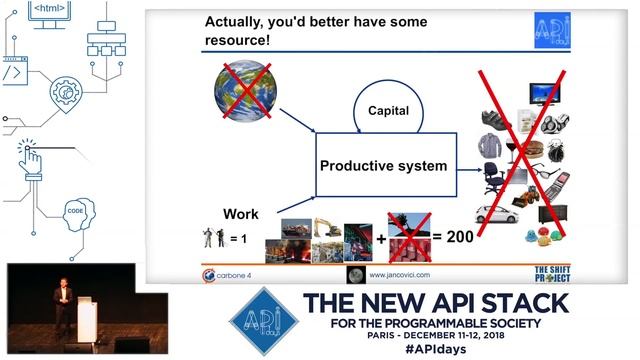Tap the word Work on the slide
click(240, 213)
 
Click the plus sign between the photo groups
click(381, 237)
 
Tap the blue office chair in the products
click(495, 177)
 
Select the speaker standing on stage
click(62, 305)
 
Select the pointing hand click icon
click(30, 155)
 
